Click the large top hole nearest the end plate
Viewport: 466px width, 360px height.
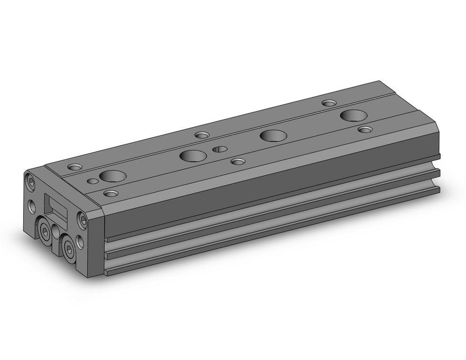(x=112, y=176)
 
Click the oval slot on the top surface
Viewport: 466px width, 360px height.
(x=219, y=149)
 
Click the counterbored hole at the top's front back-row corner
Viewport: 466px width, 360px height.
(x=75, y=166)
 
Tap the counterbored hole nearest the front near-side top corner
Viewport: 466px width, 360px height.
(x=110, y=193)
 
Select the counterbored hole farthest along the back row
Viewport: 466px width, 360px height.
(x=329, y=103)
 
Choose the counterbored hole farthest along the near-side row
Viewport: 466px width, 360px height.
(x=365, y=129)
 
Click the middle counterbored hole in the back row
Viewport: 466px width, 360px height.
(x=201, y=135)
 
